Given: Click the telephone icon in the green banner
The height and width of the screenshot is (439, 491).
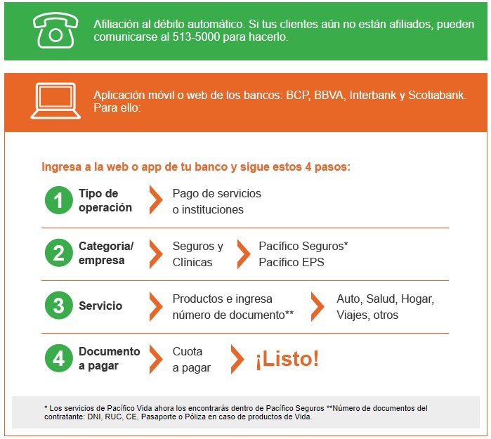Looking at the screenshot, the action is tap(55, 30).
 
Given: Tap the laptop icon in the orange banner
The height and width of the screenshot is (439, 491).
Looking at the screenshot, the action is tap(55, 101).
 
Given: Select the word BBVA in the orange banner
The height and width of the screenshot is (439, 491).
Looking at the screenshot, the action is tap(329, 95).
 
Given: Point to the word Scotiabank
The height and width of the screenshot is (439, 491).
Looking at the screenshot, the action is tap(437, 95).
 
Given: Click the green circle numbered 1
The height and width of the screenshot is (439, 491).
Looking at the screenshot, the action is tap(59, 200).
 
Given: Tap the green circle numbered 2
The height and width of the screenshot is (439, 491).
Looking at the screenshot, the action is tap(59, 253).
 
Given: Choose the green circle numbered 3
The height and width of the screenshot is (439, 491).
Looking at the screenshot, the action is tap(59, 306).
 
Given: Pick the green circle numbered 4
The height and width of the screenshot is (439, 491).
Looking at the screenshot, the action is tap(59, 358).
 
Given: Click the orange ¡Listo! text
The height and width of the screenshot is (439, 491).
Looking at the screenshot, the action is tap(287, 359).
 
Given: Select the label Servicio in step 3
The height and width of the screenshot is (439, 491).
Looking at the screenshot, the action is tap(100, 306).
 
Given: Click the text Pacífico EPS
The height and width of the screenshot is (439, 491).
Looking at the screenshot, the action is tap(292, 262).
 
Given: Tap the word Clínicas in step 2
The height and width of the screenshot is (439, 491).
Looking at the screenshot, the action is tap(192, 262).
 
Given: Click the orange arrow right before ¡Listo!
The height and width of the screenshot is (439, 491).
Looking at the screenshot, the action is tap(237, 359).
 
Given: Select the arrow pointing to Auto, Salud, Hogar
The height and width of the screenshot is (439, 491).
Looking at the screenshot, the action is tap(317, 306).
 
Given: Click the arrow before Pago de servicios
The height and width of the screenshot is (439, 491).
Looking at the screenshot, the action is tap(156, 199).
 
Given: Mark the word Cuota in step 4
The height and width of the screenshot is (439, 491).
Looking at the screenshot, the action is tap(188, 351).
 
